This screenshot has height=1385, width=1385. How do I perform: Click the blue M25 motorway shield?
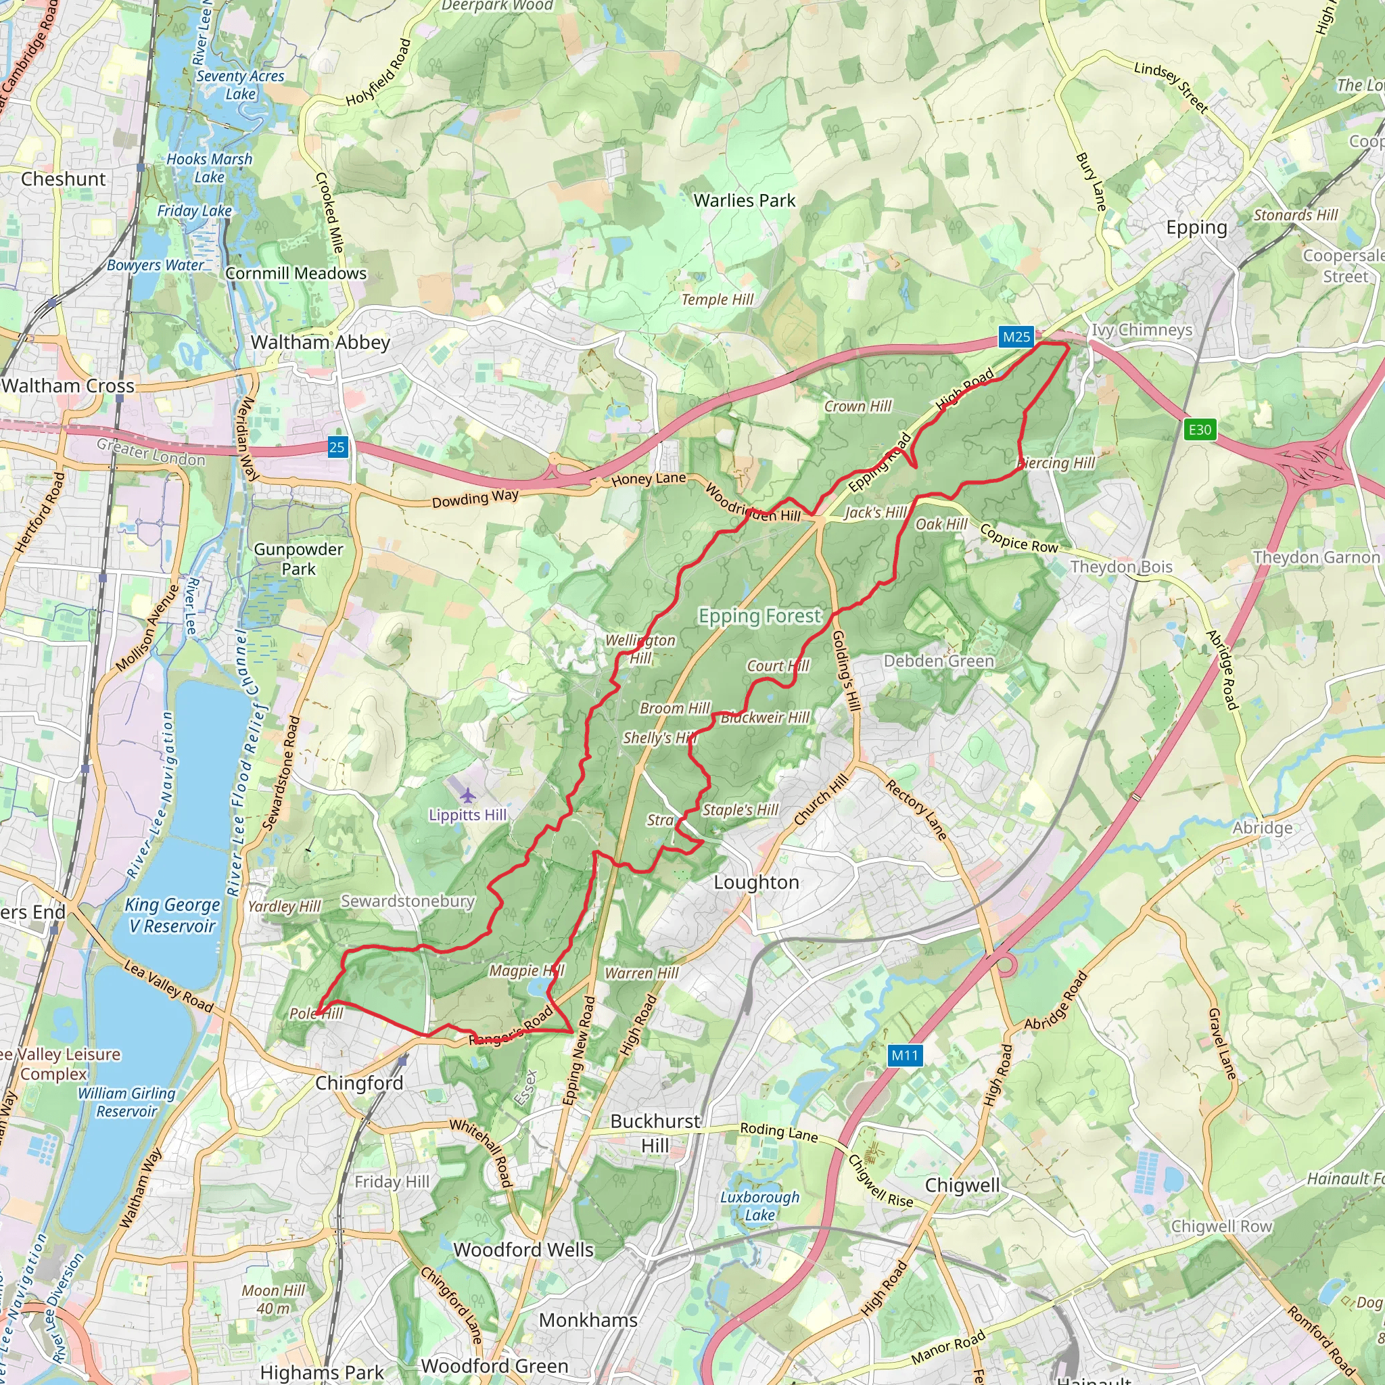(x=1016, y=337)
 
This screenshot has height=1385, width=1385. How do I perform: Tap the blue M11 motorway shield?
(x=904, y=1055)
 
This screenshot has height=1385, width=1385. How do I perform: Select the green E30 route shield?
(x=1199, y=429)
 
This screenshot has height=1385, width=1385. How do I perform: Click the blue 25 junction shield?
(x=337, y=447)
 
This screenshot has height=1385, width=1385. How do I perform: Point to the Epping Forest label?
(x=759, y=616)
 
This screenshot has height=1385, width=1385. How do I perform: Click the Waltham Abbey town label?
(x=321, y=343)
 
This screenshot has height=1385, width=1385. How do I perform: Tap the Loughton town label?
(x=756, y=883)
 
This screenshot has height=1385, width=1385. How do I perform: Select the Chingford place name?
(x=359, y=1083)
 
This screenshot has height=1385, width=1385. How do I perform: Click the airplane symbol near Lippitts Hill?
(x=467, y=796)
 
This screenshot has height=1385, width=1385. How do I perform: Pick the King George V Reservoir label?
(x=172, y=916)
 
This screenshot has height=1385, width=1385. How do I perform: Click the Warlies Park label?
(x=744, y=201)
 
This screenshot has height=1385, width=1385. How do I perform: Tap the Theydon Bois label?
(x=1121, y=567)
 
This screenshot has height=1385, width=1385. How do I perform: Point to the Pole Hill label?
(x=316, y=1014)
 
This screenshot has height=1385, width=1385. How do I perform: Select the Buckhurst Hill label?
(x=655, y=1133)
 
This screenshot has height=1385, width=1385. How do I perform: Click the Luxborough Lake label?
(x=760, y=1206)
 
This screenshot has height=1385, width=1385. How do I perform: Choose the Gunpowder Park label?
(x=298, y=559)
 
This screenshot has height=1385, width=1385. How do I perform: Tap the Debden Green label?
(x=939, y=661)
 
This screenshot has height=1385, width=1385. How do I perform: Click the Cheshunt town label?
(x=63, y=179)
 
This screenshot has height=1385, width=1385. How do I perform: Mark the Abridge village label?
(x=1263, y=828)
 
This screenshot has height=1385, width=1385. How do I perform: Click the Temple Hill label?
(x=717, y=300)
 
